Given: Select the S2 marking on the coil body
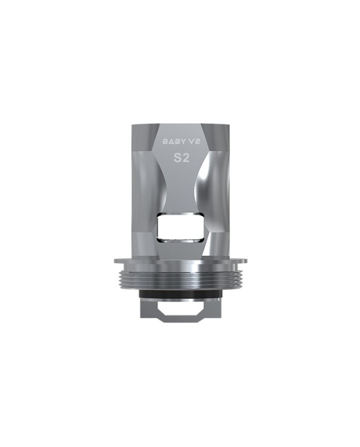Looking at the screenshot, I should [180, 158].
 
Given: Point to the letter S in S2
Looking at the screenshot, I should [176, 158].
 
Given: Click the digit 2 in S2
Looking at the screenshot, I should [185, 158].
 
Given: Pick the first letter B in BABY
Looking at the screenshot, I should [165, 140].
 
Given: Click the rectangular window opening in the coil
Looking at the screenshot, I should [180, 228].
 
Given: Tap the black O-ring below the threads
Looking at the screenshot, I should [180, 294].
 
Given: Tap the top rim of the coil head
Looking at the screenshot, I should [180, 124].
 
